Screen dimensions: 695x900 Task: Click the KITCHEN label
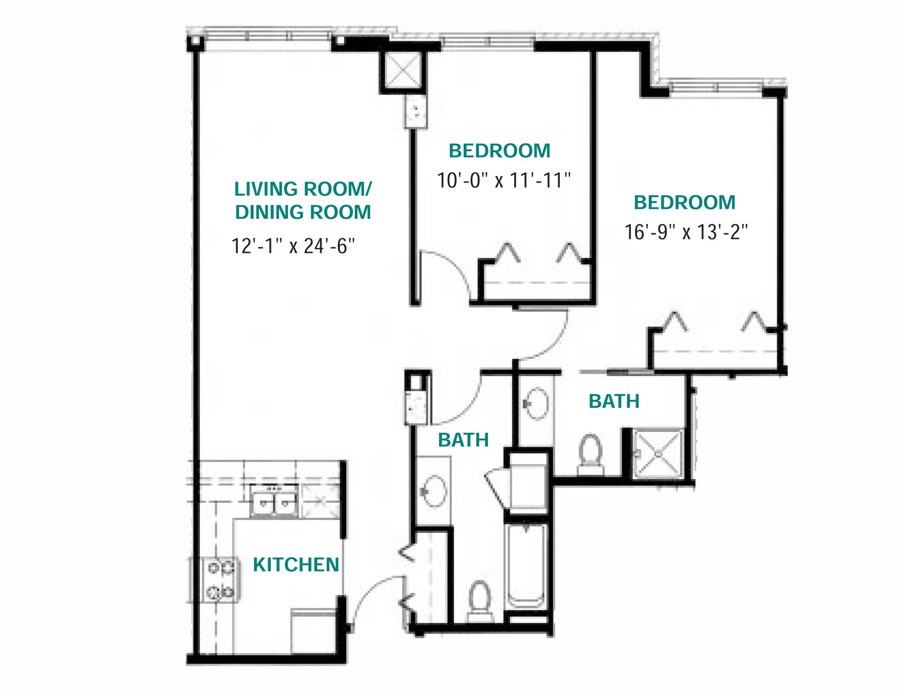(x=296, y=565)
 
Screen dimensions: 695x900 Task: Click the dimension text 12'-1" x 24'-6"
(x=293, y=246)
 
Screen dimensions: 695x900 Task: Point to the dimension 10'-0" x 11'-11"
(x=504, y=181)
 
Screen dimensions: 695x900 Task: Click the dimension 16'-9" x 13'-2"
(x=686, y=232)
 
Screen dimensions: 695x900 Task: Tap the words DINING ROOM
(x=303, y=213)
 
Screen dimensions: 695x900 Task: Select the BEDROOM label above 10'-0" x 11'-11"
(x=499, y=151)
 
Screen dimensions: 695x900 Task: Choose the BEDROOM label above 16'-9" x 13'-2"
(x=684, y=203)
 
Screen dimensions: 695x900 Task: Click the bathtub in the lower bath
(x=526, y=567)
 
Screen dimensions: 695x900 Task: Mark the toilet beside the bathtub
(x=479, y=602)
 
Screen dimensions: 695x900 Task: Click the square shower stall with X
(x=657, y=454)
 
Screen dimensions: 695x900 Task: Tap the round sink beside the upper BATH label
(x=535, y=403)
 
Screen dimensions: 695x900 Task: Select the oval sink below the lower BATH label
(x=434, y=491)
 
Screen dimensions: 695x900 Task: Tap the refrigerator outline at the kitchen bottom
(x=313, y=630)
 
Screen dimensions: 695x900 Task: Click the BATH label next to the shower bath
(x=614, y=401)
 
